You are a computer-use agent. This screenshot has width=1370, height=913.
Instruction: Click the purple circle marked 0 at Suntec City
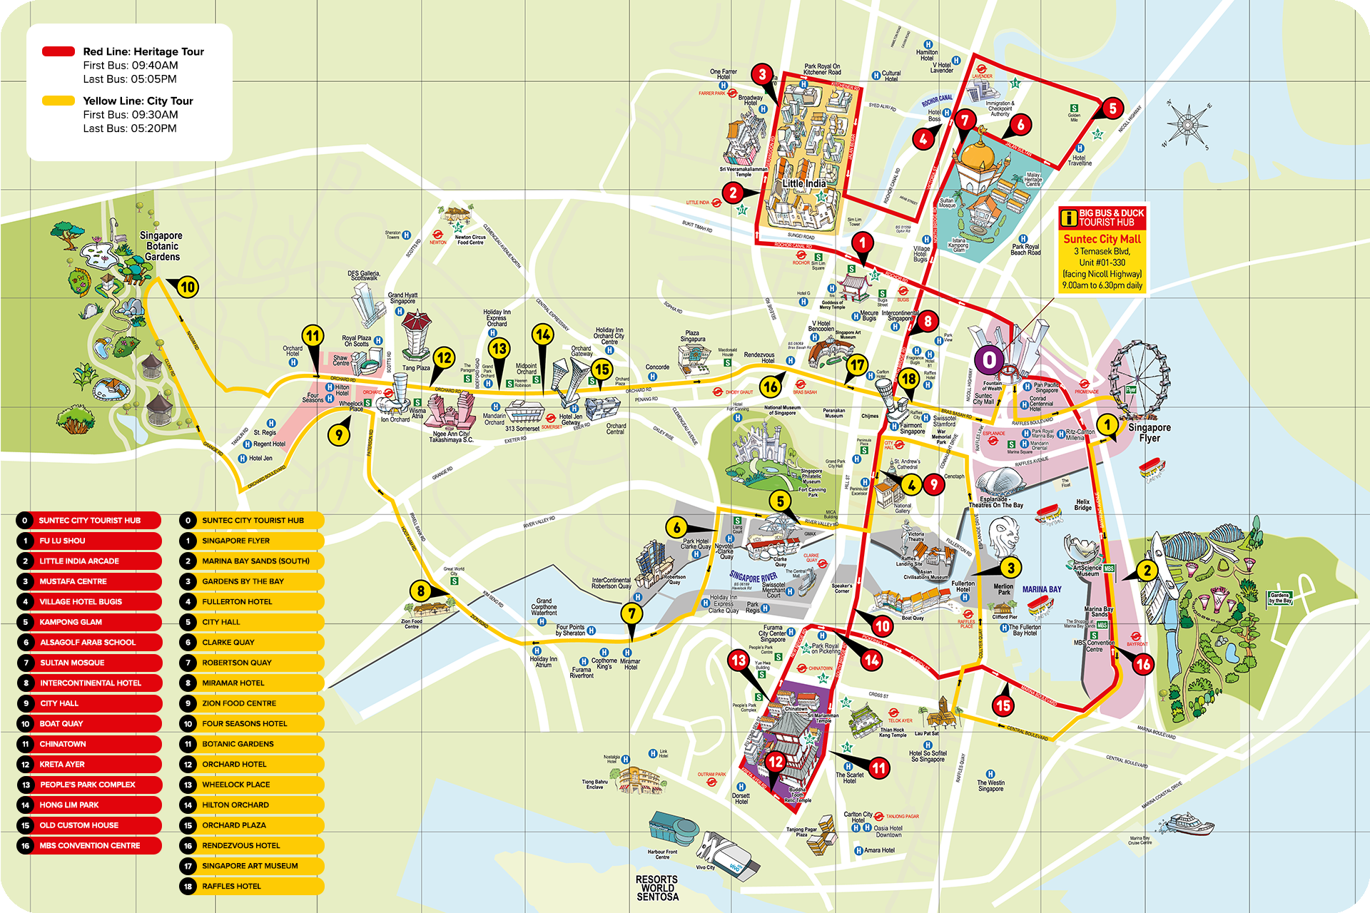tap(989, 360)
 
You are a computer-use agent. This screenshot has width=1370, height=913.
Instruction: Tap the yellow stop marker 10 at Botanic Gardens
tap(187, 287)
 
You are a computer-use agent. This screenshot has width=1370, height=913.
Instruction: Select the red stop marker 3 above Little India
tap(762, 74)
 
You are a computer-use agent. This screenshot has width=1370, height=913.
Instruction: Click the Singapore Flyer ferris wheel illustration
tap(1140, 378)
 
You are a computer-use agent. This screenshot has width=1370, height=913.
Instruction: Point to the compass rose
tap(1187, 124)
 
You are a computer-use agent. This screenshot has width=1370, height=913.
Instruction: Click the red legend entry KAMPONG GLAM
tap(89, 622)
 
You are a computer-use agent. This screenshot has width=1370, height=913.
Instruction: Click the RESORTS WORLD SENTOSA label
tap(657, 888)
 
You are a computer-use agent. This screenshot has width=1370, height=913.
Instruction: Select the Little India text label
tap(804, 183)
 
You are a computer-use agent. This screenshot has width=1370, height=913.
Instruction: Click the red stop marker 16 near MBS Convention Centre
tap(1142, 664)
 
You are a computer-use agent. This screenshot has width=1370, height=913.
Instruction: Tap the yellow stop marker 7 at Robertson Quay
tap(631, 613)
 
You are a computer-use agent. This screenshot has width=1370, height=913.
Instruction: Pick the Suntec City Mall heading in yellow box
tap(1102, 239)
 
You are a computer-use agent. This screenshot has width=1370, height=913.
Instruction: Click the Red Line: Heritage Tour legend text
tap(143, 51)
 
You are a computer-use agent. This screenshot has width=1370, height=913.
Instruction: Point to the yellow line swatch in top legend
tap(59, 101)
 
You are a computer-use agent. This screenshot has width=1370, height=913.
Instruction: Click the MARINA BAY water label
tap(1041, 589)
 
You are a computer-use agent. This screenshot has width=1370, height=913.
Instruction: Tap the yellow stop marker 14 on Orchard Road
tap(543, 335)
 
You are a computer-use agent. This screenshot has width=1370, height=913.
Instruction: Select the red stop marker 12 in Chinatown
tap(775, 762)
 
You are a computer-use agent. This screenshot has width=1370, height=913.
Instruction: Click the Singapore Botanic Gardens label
tap(161, 246)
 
